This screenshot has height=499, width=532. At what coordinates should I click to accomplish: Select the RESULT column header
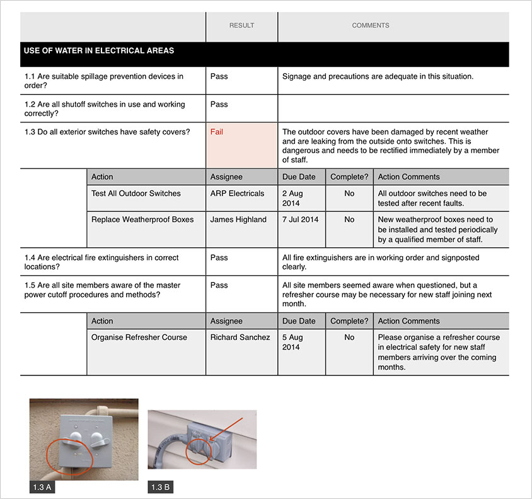(241, 26)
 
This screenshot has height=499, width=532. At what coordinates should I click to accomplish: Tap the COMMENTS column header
(371, 26)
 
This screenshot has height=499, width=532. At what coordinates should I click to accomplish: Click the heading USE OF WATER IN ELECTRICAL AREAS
(99, 51)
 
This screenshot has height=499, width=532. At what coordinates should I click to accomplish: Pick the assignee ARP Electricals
(238, 194)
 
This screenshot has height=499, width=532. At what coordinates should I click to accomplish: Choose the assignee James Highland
(238, 220)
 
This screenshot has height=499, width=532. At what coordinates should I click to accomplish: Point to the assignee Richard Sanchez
(240, 338)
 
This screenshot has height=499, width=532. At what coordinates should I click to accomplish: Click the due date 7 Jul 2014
(301, 220)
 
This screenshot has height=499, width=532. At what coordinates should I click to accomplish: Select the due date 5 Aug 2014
(292, 342)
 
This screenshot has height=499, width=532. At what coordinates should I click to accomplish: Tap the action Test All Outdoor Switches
(136, 194)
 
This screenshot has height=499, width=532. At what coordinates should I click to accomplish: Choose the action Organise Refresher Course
(139, 338)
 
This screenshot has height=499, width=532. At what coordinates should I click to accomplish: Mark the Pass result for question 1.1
(219, 76)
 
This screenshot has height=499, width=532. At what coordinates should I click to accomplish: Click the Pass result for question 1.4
(219, 258)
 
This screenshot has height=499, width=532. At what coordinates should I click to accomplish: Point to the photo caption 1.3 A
(41, 488)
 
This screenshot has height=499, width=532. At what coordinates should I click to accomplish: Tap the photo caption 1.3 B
(160, 488)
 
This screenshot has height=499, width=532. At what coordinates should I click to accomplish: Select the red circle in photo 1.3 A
(69, 456)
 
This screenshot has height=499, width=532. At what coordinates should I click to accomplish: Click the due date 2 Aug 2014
(292, 198)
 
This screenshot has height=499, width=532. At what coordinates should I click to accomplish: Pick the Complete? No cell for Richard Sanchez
(349, 338)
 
